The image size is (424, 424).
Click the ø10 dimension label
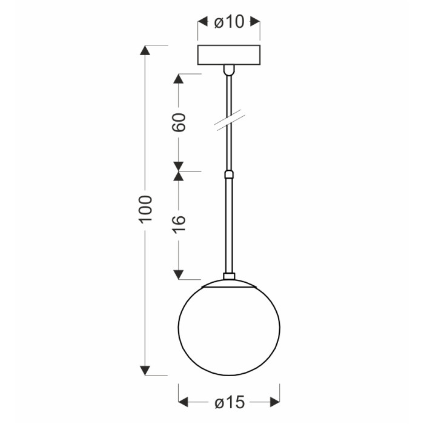[x=229, y=22]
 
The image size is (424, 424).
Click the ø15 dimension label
[x=230, y=402]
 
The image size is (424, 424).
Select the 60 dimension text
[x=179, y=122]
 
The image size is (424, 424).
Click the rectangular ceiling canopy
[x=229, y=55]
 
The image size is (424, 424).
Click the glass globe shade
[x=229, y=328]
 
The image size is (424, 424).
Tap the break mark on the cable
[x=230, y=121]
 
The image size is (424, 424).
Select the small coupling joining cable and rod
[x=229, y=174]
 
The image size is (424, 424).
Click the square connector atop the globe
[x=229, y=276]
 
